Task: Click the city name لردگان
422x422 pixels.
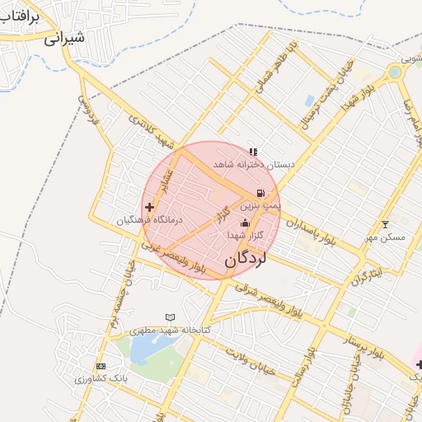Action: pyautogui.click(x=246, y=259)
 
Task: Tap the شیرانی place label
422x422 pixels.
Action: pyautogui.click(x=64, y=38)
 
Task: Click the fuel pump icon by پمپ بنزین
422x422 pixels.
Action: pyautogui.click(x=261, y=193)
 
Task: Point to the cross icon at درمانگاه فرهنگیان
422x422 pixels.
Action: pyautogui.click(x=149, y=207)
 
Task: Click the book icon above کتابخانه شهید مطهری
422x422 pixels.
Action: pyautogui.click(x=171, y=317)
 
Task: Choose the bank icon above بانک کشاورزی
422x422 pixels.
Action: pyautogui.click(x=101, y=366)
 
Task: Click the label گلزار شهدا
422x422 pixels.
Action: pyautogui.click(x=246, y=236)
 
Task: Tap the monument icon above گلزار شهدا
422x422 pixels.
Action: pyautogui.click(x=244, y=223)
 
